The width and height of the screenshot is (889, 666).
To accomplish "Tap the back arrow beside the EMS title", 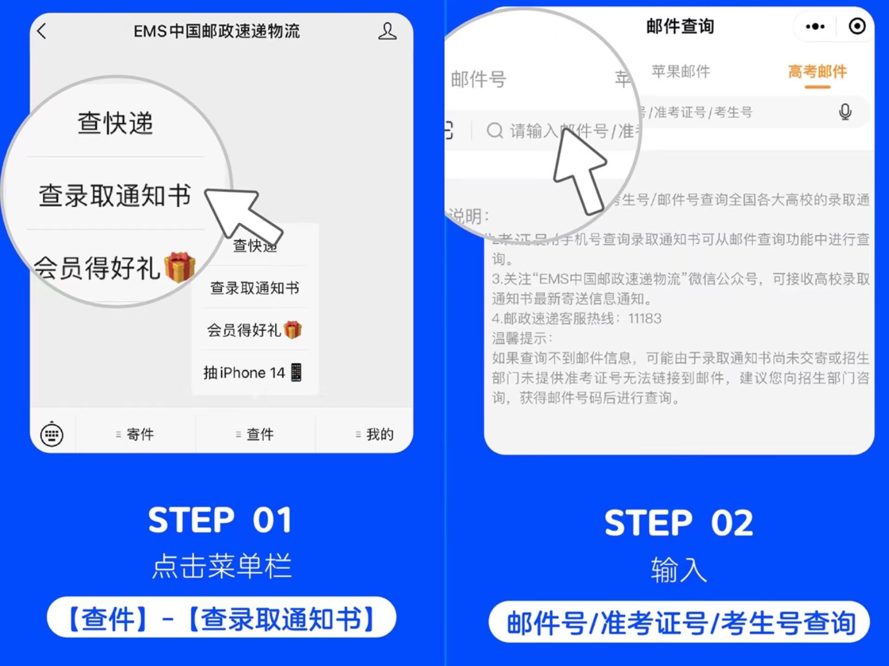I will (42, 32).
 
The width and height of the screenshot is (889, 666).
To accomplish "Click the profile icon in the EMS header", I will (387, 32).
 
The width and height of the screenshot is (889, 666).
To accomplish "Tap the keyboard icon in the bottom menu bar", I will (52, 434).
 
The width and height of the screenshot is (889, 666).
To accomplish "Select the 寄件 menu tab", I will (135, 434).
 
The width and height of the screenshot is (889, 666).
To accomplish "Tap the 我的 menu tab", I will (375, 434).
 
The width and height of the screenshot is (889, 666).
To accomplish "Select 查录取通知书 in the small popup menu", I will (254, 288).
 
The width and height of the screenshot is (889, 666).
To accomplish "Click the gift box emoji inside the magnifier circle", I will (179, 267).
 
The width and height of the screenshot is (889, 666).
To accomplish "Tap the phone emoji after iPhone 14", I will (296, 373).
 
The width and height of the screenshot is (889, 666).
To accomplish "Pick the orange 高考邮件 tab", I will (817, 72).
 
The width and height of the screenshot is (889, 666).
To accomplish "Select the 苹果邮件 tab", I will (681, 72).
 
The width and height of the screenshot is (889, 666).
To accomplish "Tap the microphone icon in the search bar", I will (845, 112).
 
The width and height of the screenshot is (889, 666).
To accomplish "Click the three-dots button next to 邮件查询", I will (815, 27).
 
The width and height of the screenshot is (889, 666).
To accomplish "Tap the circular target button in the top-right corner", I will (857, 27).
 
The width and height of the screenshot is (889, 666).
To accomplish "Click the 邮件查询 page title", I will (680, 27).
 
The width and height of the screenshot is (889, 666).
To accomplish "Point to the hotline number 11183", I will (644, 319).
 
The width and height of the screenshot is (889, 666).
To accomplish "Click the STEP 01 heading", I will (220, 520).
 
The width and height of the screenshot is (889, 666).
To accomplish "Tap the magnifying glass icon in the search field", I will (495, 131).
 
